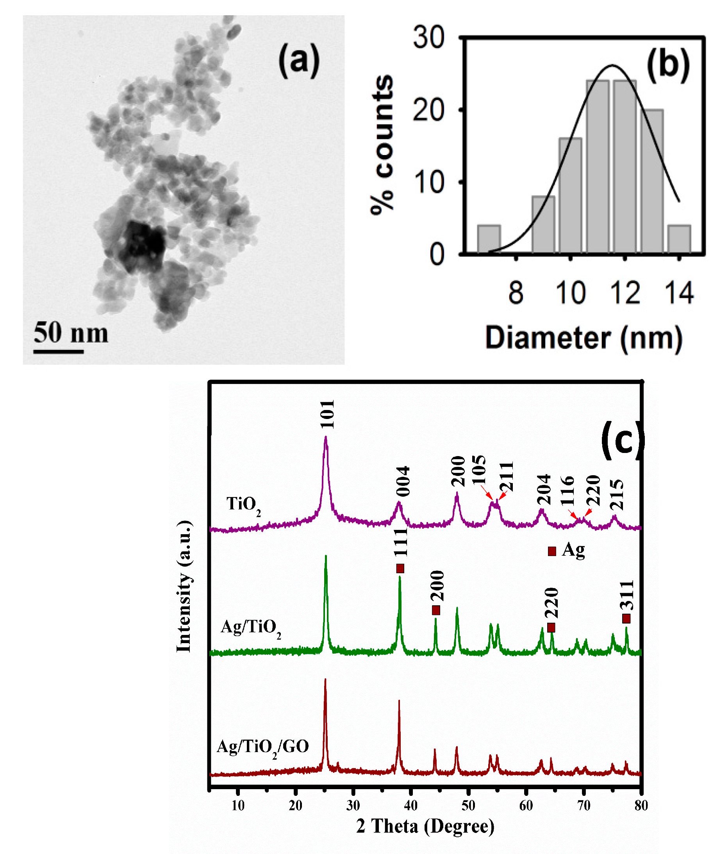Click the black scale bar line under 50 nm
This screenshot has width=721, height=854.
[x=59, y=351]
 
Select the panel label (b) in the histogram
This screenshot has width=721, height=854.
[x=668, y=64]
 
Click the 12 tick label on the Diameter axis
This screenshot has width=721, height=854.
[x=625, y=293]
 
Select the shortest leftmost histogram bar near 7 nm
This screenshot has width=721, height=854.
[x=489, y=239]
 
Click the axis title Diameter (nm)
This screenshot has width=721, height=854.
[x=583, y=338]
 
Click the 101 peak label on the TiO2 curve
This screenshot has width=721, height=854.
[x=327, y=414]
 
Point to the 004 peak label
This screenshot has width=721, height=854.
[x=403, y=481]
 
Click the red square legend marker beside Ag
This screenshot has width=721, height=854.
[x=552, y=551]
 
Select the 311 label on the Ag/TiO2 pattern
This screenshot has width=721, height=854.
[x=626, y=595]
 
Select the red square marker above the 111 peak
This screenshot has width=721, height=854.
[x=400, y=569]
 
